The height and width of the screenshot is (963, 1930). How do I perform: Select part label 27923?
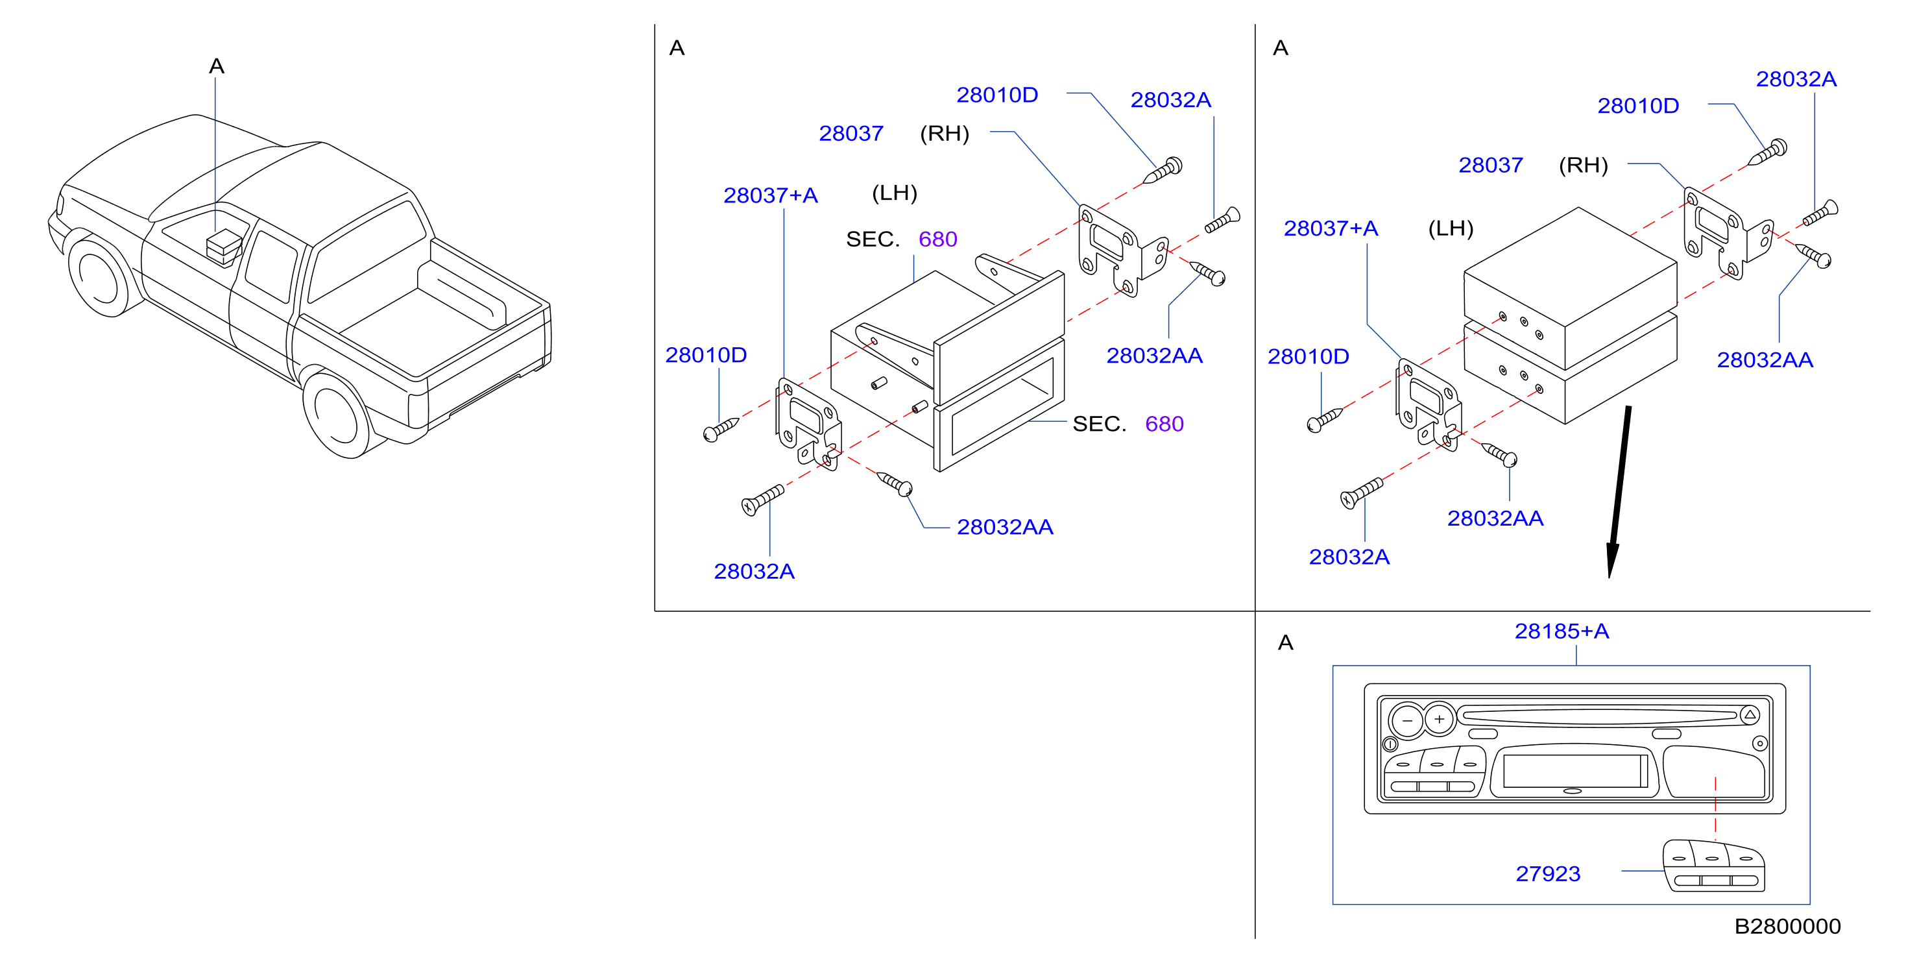[1548, 874]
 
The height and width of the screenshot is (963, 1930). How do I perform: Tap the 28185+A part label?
[1562, 631]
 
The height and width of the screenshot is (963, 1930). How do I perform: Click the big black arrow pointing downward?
[1619, 492]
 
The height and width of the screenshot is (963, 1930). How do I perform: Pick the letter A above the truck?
[217, 66]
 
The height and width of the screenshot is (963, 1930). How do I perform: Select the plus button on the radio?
[1438, 720]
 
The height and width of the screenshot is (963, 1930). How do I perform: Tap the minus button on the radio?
[1406, 721]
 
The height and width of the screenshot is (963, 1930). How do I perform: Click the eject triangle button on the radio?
[1750, 715]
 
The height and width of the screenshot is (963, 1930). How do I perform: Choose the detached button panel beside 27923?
[1713, 866]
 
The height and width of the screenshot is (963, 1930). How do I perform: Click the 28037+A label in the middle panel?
[770, 195]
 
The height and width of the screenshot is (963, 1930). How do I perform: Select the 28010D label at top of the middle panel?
[997, 95]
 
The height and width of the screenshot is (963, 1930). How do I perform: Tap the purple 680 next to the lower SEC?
[1164, 424]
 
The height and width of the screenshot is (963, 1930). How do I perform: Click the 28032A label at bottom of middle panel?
[754, 572]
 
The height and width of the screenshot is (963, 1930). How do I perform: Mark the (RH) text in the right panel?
[1583, 165]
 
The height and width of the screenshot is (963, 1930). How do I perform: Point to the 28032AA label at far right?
[1765, 360]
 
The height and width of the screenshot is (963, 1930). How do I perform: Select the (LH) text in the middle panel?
[895, 193]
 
